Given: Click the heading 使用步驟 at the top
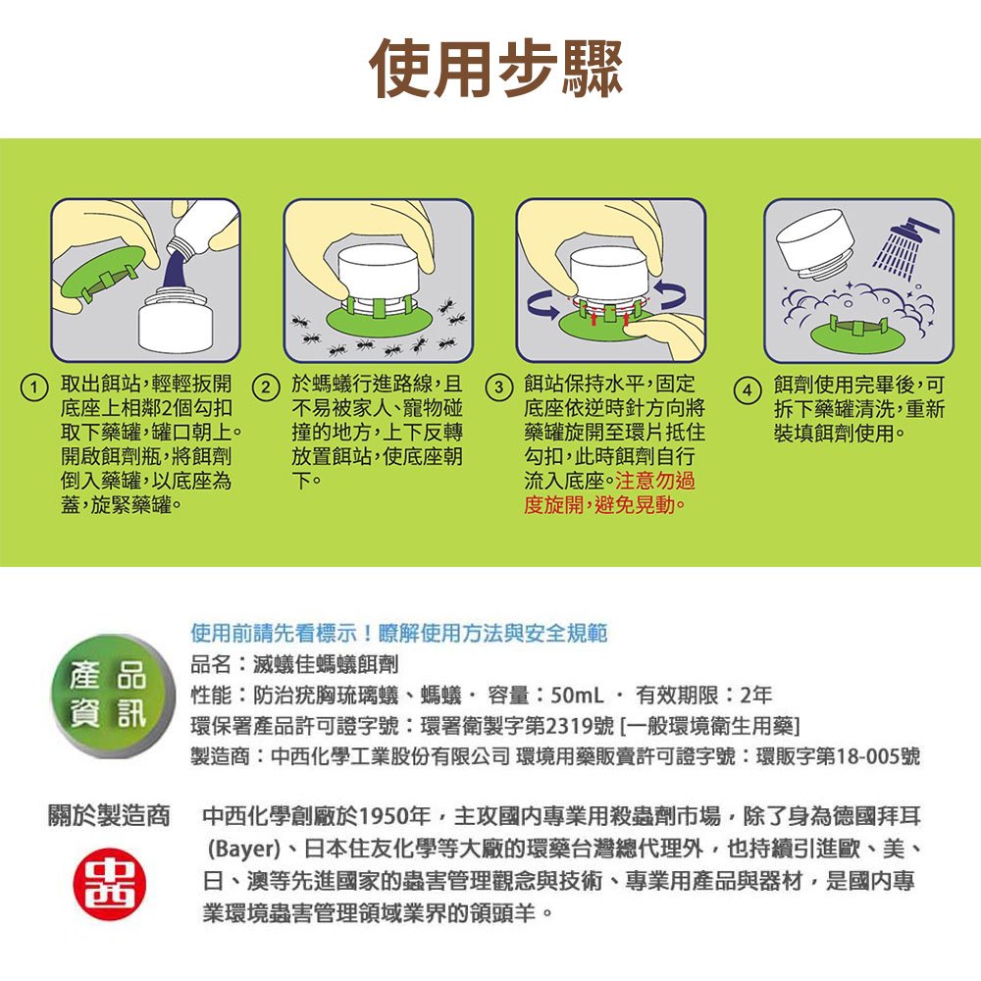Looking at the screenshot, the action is [x=496, y=69].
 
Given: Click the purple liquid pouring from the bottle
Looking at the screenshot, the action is [x=178, y=271].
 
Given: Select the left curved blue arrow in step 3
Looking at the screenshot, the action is [x=542, y=304].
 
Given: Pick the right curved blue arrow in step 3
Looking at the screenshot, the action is [x=669, y=294].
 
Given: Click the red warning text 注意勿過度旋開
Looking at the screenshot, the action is [x=609, y=492].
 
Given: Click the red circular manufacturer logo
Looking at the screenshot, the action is [x=110, y=884].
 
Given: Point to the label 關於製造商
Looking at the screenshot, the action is [x=109, y=816].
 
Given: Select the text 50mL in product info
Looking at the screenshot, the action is [x=577, y=696].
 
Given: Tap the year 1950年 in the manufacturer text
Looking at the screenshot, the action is [x=394, y=816].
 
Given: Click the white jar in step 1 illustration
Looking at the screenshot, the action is [x=176, y=320].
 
